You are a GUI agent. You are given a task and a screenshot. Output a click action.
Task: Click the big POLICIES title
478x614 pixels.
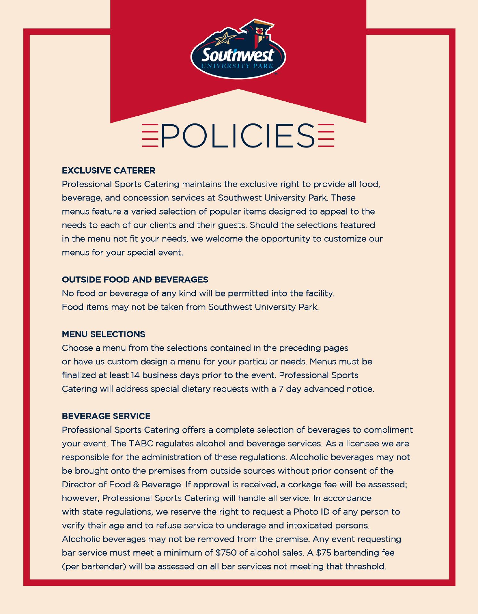pos(238,136)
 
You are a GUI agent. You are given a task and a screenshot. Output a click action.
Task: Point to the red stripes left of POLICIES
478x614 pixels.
pos(150,136)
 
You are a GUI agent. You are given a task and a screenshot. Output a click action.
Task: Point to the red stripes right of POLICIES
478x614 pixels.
pos(326,136)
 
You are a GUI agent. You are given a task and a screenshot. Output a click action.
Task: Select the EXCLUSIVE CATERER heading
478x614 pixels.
pos(108,170)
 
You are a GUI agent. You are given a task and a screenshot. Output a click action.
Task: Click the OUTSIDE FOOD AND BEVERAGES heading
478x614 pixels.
pos(135,280)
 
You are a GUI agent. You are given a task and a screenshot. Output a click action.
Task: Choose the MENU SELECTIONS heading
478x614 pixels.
pos(103,335)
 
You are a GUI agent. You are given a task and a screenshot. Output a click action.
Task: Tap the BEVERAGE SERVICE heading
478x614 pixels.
pos(106,416)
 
